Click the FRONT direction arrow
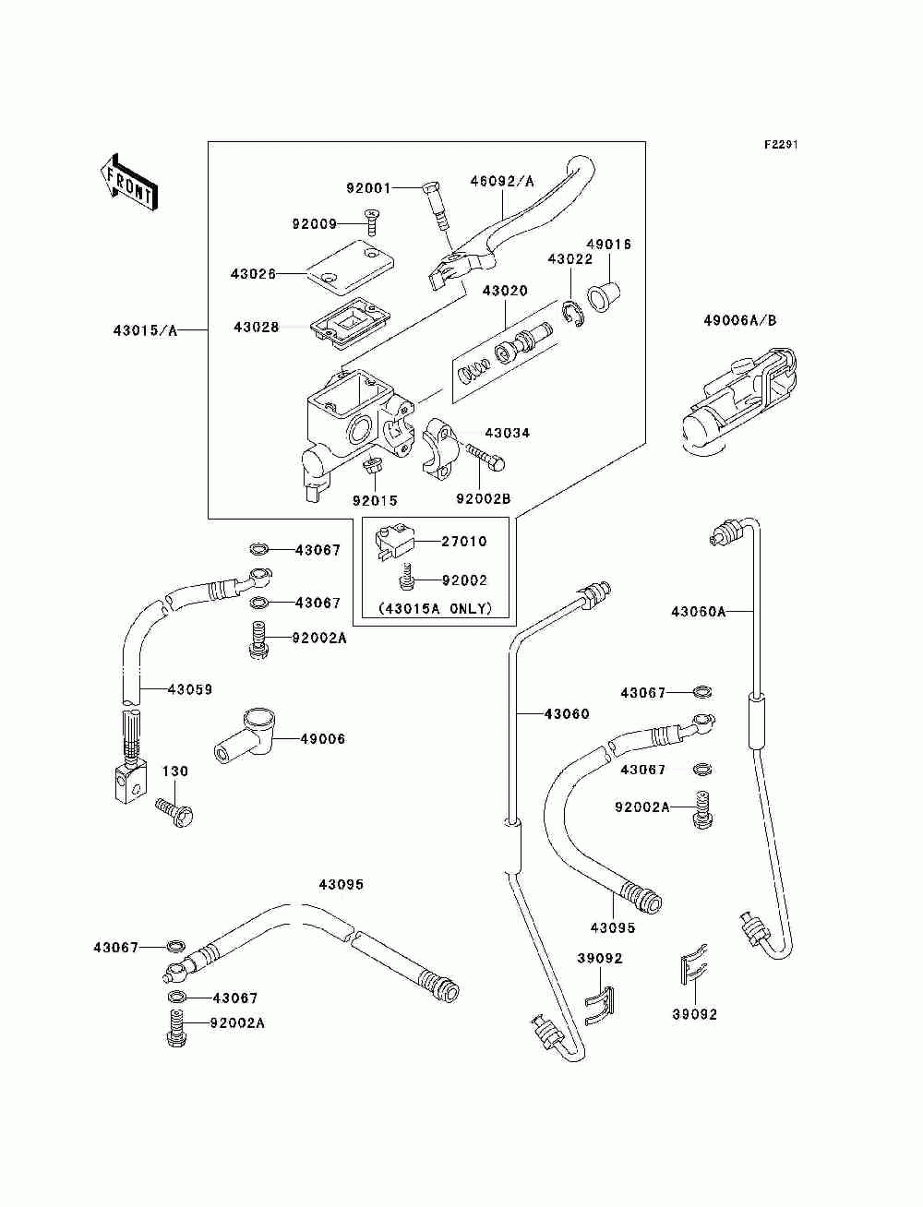coord(129,182)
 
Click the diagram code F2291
coord(781,145)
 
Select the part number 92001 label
coord(368,188)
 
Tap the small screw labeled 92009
coord(372,221)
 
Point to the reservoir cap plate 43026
coord(351,265)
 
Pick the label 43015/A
coord(145,330)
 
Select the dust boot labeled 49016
coord(604,297)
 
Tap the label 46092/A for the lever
coord(501,181)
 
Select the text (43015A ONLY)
coord(435,609)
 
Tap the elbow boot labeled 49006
coord(244,737)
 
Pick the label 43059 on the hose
coord(190,689)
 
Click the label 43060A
coord(698,612)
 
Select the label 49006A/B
coord(739,320)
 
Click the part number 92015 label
coord(375,500)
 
